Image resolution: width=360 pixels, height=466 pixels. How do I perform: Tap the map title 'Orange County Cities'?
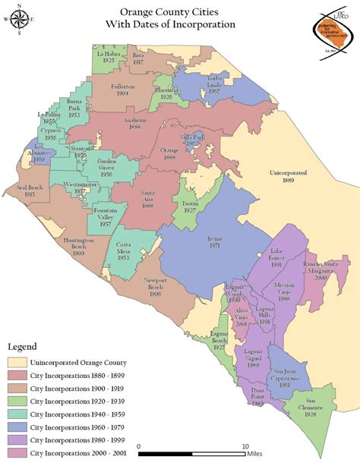tap(180, 13)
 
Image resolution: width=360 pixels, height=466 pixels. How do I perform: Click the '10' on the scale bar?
tap(245, 447)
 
